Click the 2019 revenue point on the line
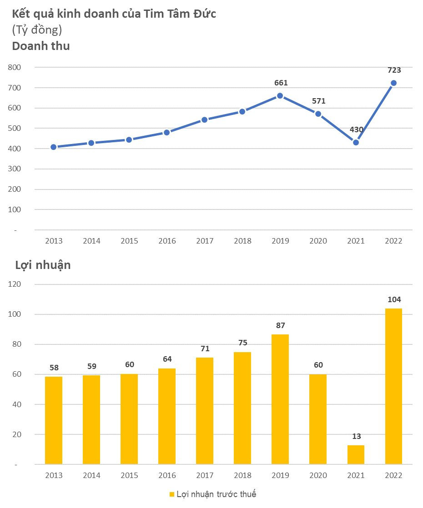coord(280,96)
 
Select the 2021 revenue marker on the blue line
coord(356,142)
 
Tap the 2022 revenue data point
coord(393,83)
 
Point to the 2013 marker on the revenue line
coord(54,147)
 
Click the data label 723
coord(394,70)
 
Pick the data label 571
coord(318,101)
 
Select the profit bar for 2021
coord(356,454)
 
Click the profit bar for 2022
coord(393,386)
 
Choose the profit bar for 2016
coord(167,416)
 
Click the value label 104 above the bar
coord(394,299)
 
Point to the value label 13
coord(356,436)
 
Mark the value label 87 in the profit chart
coord(281,325)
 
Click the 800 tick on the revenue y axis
coord(15,67)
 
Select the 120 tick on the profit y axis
coord(15,284)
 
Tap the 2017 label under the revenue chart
coord(205,241)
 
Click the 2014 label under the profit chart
coord(91,475)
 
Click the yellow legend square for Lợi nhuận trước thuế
coord(172,494)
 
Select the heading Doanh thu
coord(41,45)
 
